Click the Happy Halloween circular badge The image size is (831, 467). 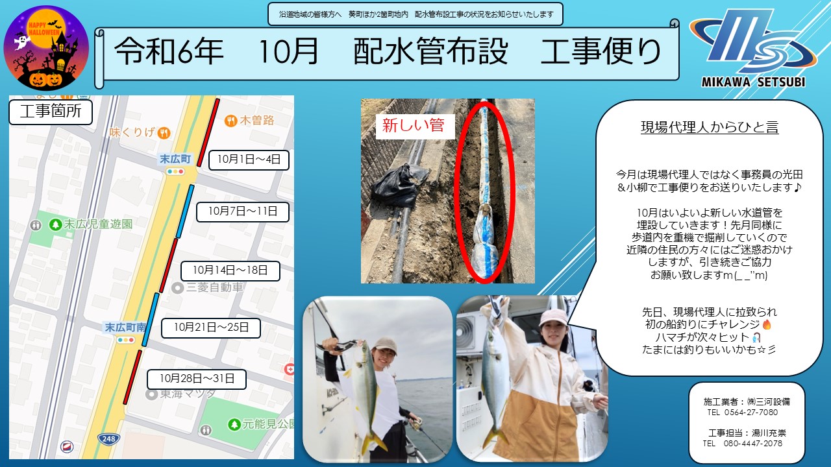(46, 48)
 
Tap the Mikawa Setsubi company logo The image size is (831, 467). (753, 48)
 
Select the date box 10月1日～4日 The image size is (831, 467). (249, 160)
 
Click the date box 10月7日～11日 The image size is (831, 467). (243, 211)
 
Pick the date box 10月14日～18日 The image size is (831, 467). (230, 270)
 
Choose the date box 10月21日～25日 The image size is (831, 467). (211, 328)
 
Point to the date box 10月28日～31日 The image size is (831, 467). (197, 379)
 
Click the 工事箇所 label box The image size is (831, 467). (51, 111)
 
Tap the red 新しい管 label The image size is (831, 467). (415, 126)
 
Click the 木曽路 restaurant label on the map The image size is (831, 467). (250, 121)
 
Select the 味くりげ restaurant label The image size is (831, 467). (140, 132)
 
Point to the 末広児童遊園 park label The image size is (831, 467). (91, 224)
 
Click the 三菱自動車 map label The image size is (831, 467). (208, 287)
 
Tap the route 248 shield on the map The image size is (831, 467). (108, 439)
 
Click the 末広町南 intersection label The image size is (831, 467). (125, 328)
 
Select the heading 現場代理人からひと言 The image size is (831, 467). (710, 127)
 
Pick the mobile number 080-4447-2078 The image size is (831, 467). (752, 444)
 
